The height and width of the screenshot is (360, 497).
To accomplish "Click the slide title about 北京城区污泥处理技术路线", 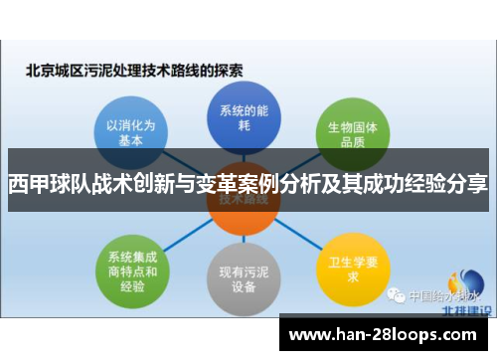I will click(x=134, y=71).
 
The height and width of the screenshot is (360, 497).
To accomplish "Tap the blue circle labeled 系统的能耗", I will click(x=239, y=116).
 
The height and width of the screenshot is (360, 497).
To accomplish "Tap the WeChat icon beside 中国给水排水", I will click(x=397, y=295).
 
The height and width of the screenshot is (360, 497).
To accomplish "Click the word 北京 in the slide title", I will click(x=38, y=71).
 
